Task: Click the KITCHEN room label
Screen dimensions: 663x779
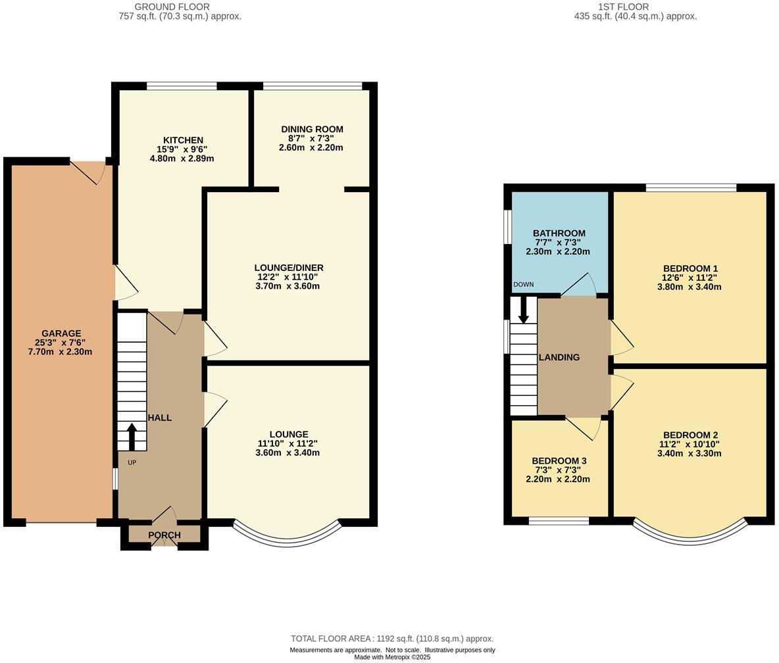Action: point(183,140)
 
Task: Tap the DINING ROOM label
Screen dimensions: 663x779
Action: point(311,130)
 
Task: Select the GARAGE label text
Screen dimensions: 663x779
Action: point(61,333)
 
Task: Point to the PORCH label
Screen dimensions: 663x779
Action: point(164,535)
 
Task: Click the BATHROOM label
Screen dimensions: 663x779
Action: point(559,233)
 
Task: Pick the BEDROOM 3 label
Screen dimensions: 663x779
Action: point(559,461)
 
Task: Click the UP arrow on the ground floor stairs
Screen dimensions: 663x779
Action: point(132,436)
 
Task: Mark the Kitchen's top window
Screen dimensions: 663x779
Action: point(182,86)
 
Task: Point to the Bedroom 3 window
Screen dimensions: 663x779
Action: point(559,521)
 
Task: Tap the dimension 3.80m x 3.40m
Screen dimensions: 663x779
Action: point(690,287)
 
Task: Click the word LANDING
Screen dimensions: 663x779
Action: point(559,358)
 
